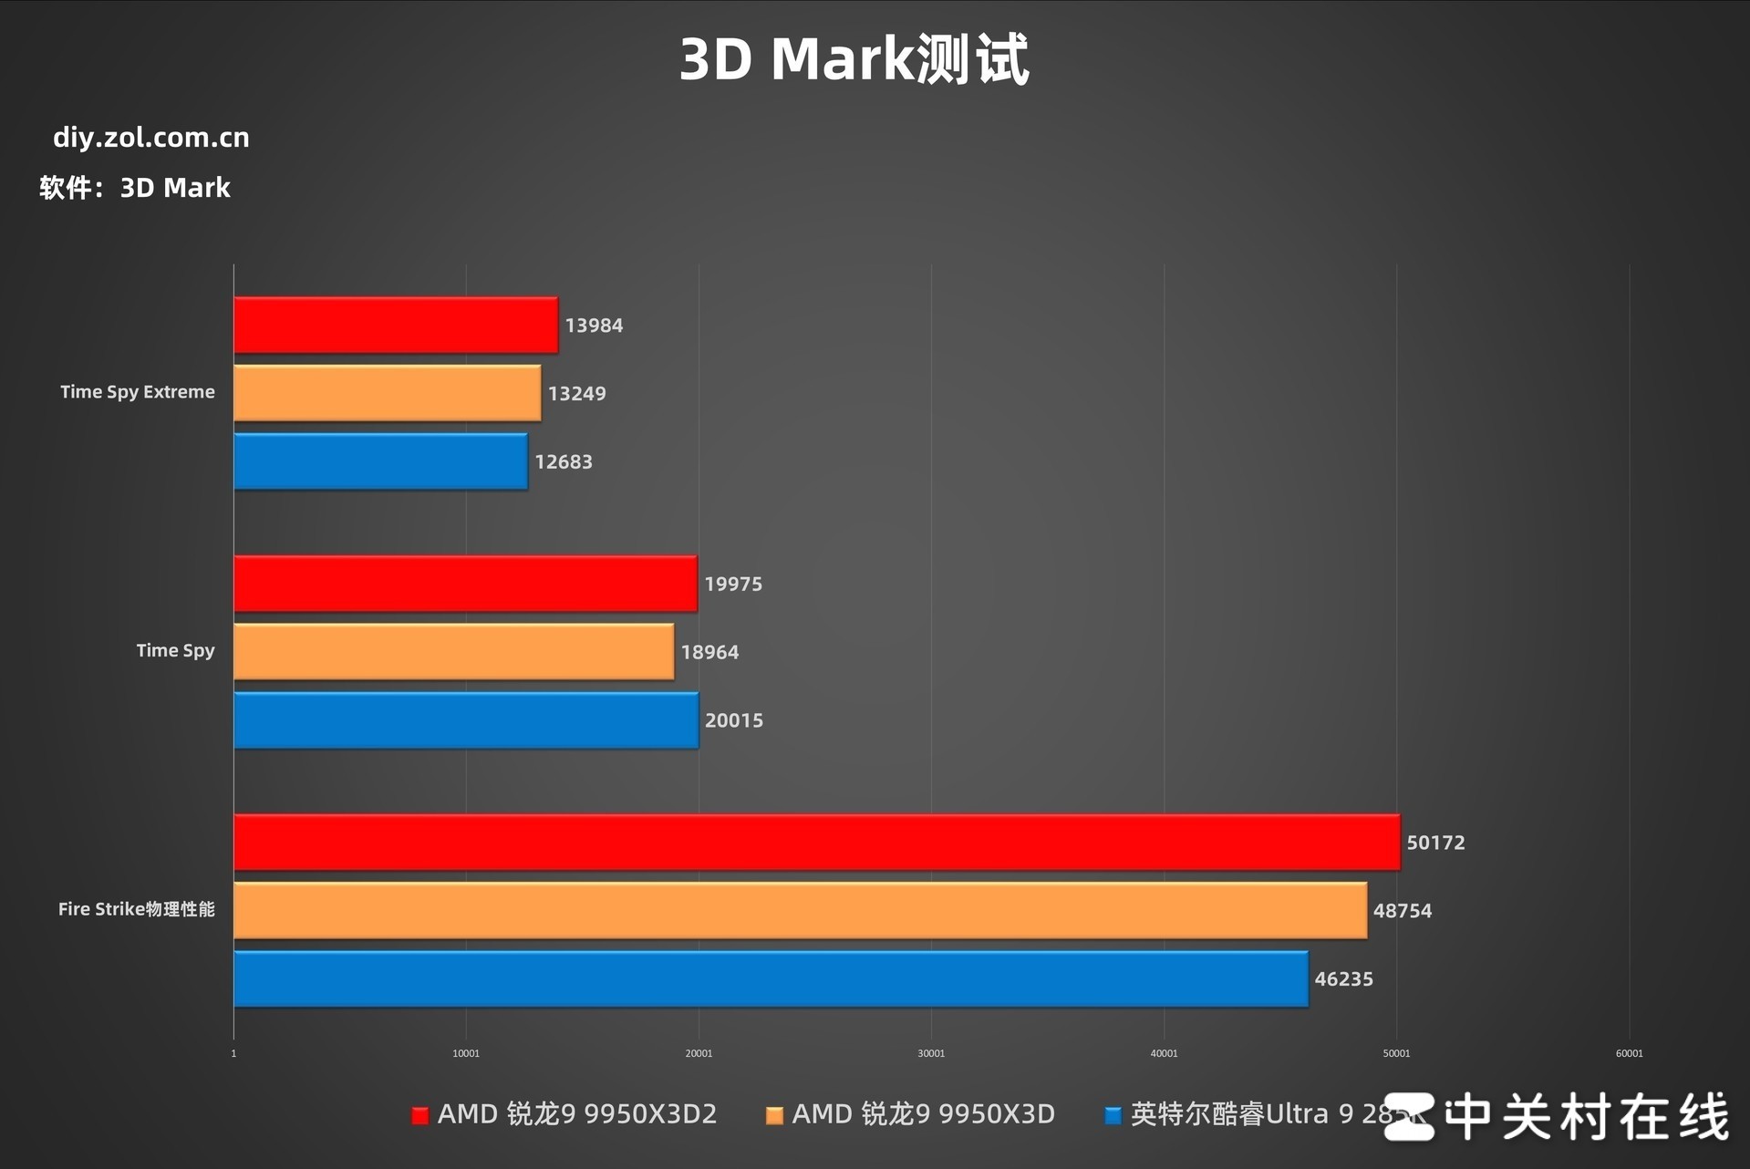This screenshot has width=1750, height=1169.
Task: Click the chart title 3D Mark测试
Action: click(x=854, y=60)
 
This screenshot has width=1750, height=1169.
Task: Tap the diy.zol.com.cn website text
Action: click(x=151, y=138)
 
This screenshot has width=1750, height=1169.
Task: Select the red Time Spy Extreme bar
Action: click(x=396, y=325)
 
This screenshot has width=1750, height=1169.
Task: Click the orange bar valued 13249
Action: click(x=387, y=393)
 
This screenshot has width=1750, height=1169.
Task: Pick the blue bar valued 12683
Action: click(x=380, y=461)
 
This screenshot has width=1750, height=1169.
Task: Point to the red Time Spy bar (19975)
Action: click(x=465, y=584)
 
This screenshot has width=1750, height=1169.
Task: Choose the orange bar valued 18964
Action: click(x=453, y=652)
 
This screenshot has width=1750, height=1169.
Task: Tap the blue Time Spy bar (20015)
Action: click(x=466, y=720)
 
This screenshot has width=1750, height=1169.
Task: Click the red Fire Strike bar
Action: click(x=816, y=842)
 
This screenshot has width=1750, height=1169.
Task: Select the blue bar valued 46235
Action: click(x=771, y=978)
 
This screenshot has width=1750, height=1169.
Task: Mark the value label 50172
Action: click(x=1435, y=843)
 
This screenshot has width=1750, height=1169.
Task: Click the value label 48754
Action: click(x=1403, y=911)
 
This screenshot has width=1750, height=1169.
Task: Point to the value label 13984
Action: click(x=594, y=326)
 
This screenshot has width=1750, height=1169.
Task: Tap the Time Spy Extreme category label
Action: click(x=138, y=392)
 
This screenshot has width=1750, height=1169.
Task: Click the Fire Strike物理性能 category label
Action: click(x=137, y=909)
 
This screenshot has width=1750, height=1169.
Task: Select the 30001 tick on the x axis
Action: click(x=931, y=1053)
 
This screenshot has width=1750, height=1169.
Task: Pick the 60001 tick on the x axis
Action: click(x=1629, y=1053)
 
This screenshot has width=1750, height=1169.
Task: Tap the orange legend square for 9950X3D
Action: click(x=774, y=1115)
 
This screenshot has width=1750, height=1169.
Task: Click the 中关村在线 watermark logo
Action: click(x=1556, y=1117)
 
